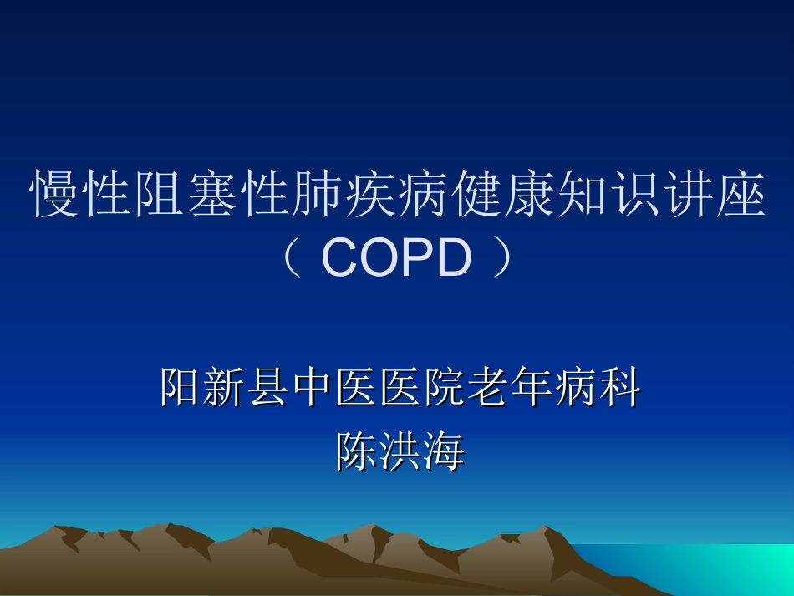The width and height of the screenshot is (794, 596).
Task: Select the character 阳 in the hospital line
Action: coord(181,389)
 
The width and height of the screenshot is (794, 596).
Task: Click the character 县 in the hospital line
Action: coord(268,389)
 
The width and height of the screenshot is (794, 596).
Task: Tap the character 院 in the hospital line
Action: coord(443,389)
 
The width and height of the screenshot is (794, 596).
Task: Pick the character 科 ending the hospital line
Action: coord(619,389)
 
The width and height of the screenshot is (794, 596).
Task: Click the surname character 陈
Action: coord(356,451)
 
